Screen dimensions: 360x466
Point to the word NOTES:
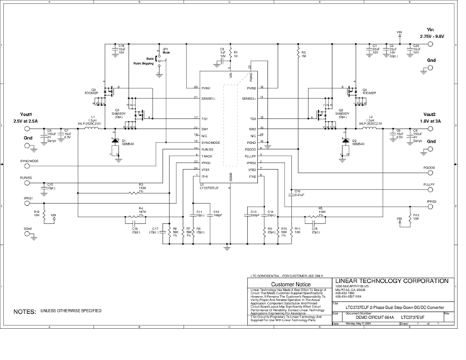25,311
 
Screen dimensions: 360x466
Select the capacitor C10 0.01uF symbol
289,193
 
